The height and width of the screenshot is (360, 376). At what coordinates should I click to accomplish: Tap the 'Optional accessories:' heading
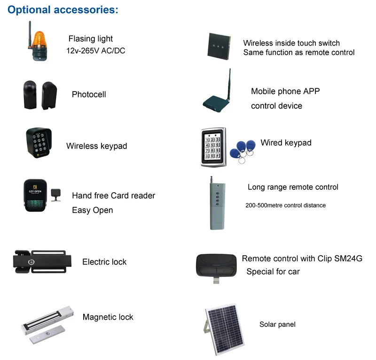click(x=63, y=9)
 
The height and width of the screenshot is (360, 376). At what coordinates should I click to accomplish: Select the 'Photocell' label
click(x=89, y=94)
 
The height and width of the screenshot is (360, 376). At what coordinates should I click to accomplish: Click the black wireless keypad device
click(x=39, y=142)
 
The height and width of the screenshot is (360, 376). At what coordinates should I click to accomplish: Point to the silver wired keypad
click(x=213, y=147)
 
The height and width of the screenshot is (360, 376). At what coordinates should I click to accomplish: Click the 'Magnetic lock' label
click(x=108, y=317)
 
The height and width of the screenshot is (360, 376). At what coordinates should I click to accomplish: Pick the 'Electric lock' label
click(x=104, y=262)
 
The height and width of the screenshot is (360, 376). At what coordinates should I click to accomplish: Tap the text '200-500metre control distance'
click(x=285, y=205)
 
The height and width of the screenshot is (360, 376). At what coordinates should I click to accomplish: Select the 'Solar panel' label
click(x=277, y=324)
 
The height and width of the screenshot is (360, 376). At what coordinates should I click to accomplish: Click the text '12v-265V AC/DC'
click(x=95, y=51)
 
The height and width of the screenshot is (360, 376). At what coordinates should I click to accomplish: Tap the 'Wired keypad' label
click(x=286, y=142)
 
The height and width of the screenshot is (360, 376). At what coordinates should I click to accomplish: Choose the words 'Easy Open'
click(x=92, y=210)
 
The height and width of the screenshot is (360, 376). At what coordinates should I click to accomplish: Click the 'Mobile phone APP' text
click(x=285, y=91)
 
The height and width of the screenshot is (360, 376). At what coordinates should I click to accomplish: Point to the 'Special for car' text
click(x=273, y=272)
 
